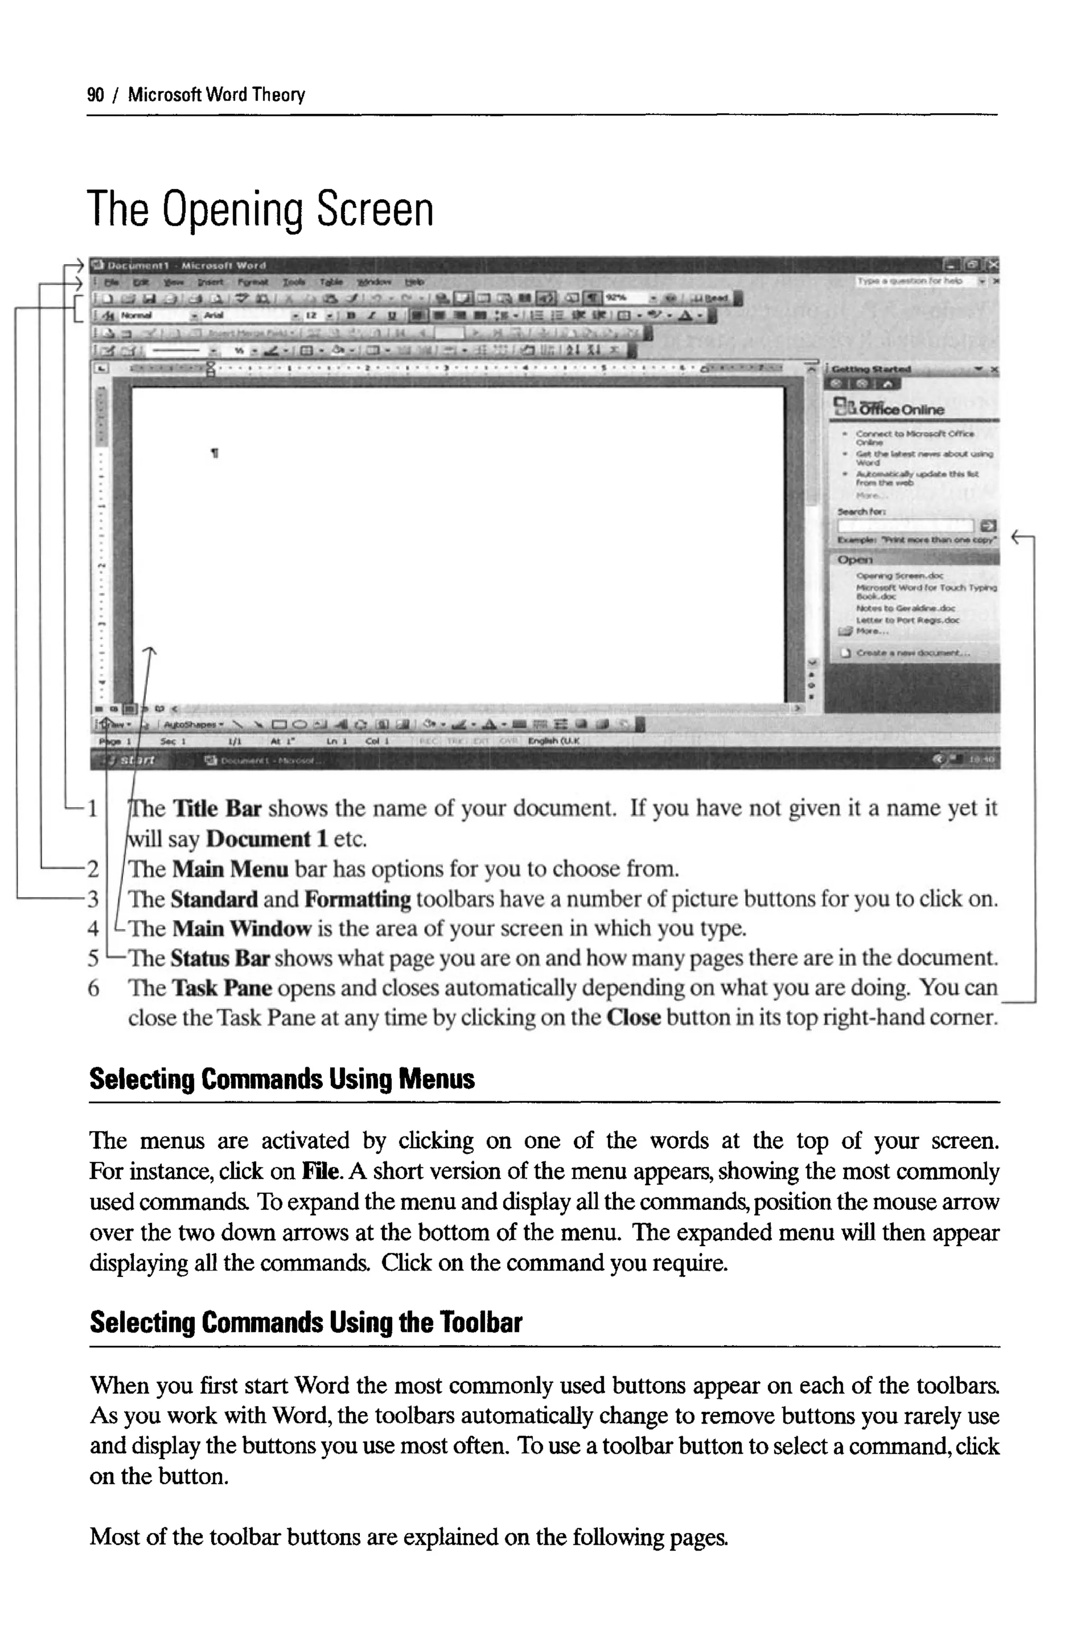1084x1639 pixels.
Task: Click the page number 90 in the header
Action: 95,95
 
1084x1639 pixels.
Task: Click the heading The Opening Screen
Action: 260,210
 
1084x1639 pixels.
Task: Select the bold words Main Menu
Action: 230,868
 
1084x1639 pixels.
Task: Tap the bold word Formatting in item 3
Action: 357,899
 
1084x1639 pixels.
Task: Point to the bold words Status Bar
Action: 219,958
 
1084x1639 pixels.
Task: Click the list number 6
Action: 93,988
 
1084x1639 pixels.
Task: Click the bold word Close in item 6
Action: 633,1017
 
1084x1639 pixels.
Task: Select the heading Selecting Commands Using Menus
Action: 282,1079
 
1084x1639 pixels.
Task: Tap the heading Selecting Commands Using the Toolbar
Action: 305,1322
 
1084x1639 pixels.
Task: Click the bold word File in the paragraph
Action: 321,1171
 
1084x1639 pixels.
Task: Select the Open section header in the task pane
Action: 855,559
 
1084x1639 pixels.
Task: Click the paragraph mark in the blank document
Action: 215,454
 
